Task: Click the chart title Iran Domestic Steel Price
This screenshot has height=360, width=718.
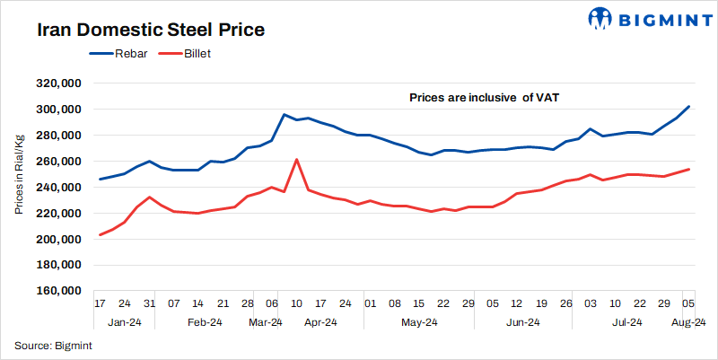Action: click(151, 30)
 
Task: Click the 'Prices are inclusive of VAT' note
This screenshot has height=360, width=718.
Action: click(484, 97)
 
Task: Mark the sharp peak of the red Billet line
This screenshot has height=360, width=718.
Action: click(296, 160)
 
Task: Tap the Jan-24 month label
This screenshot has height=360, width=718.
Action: click(124, 321)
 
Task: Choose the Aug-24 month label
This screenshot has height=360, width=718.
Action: click(688, 321)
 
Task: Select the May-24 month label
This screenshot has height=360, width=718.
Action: click(418, 321)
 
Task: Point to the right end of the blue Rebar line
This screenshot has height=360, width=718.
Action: click(688, 107)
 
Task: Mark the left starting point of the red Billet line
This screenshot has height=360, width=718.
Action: click(100, 235)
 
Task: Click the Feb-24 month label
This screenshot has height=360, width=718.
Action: click(204, 321)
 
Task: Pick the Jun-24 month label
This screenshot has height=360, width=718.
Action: click(522, 321)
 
